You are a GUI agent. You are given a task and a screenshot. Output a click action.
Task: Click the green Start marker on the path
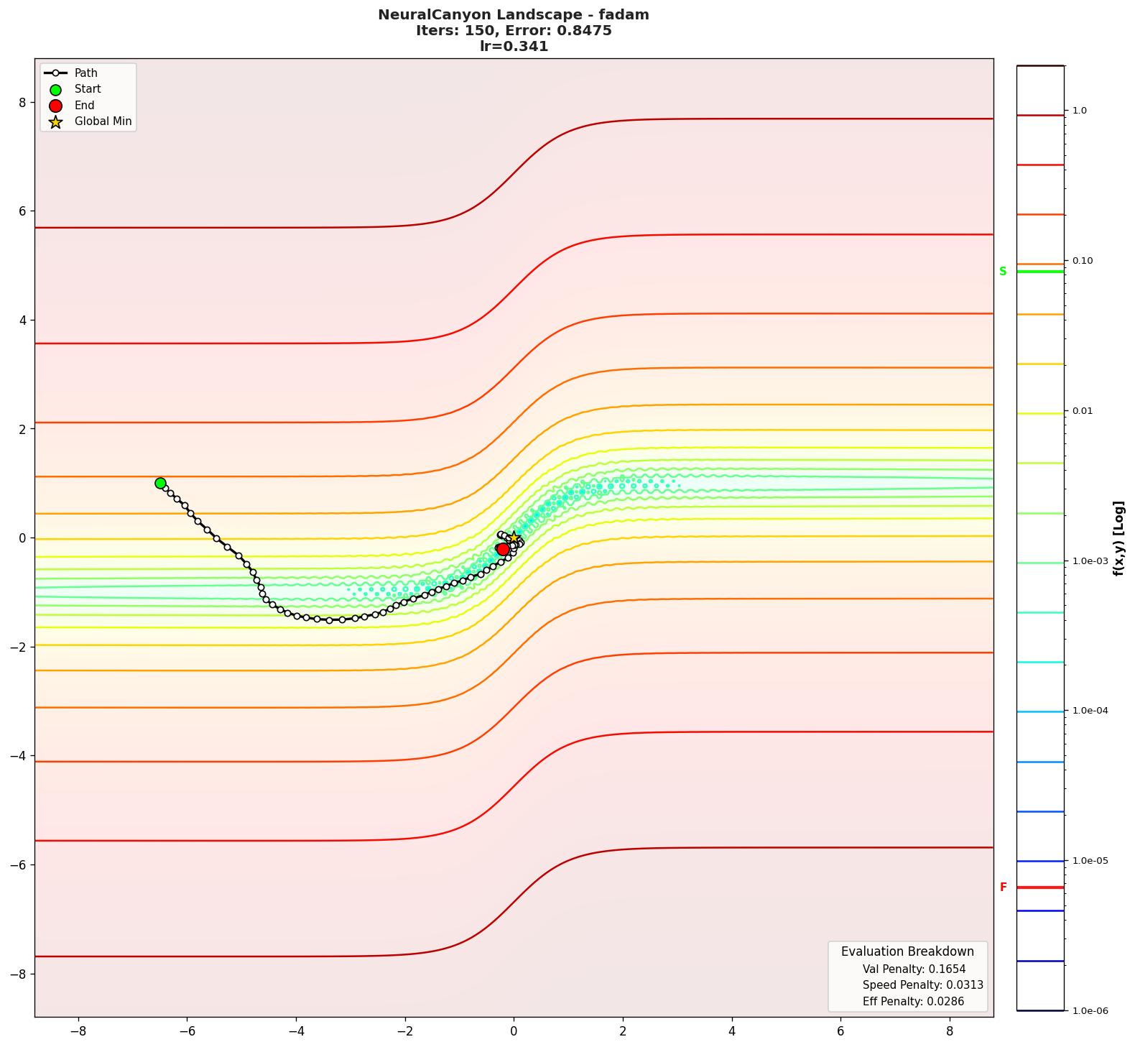click(160, 483)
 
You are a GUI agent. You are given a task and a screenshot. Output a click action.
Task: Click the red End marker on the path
click(503, 549)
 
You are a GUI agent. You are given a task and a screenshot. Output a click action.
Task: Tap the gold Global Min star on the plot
click(514, 538)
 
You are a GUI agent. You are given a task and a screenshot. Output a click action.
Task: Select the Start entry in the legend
click(88, 89)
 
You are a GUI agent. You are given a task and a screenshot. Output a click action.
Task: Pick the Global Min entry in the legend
click(103, 121)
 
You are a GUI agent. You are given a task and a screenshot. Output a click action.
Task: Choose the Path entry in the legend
click(85, 73)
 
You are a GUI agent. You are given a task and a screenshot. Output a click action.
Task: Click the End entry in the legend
click(84, 106)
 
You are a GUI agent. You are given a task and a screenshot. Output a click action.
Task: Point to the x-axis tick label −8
click(78, 1031)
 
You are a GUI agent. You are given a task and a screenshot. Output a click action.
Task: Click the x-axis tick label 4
click(732, 1031)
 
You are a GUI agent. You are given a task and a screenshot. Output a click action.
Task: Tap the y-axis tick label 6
click(22, 211)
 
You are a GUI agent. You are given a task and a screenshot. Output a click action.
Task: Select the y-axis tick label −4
click(19, 756)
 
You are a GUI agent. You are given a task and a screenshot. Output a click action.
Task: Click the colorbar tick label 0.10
click(1083, 261)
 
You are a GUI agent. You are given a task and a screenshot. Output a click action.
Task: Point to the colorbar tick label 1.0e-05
click(1090, 861)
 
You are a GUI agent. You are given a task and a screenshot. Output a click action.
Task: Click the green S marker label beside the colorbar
click(1003, 272)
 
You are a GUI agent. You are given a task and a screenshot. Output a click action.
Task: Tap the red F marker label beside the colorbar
click(1004, 887)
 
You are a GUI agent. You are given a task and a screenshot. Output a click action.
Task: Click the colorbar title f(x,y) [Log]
click(1118, 538)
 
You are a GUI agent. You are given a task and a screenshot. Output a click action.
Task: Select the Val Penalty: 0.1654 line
click(914, 969)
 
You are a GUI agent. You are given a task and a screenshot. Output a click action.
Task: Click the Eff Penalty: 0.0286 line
click(913, 1002)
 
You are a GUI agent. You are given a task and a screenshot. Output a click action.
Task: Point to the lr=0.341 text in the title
click(514, 47)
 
